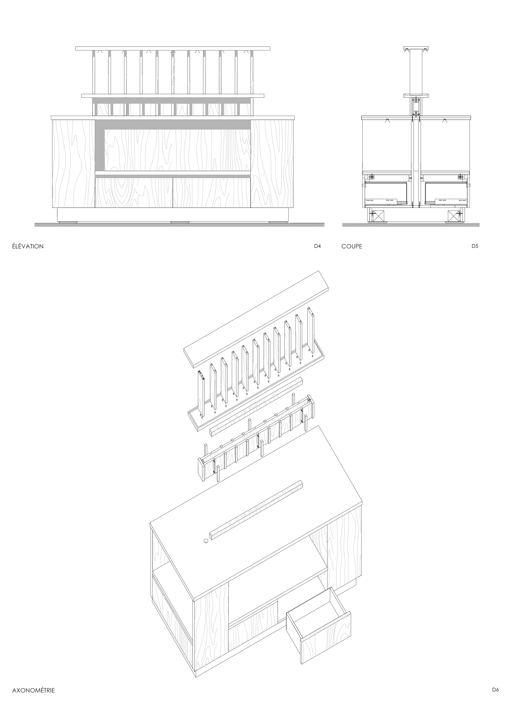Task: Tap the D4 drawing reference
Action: [317, 246]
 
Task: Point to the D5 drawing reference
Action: [475, 246]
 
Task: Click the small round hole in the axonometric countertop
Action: [206, 541]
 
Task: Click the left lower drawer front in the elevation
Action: [134, 193]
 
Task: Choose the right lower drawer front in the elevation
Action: [212, 193]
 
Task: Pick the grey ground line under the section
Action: [411, 225]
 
